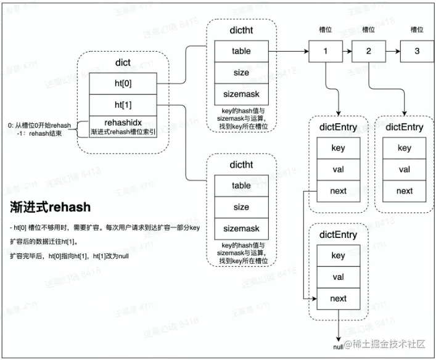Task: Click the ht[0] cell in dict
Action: [x=122, y=83]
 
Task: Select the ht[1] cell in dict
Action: [x=122, y=105]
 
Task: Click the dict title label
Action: [x=122, y=62]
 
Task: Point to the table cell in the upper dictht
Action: [x=241, y=51]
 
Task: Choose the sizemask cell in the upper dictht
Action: [x=241, y=94]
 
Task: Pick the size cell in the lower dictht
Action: [x=241, y=207]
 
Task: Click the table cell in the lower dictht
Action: [x=241, y=186]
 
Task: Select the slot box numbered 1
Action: [x=326, y=51]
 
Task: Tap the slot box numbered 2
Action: [x=369, y=51]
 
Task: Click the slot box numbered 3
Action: [x=417, y=51]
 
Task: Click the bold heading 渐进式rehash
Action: [x=51, y=207]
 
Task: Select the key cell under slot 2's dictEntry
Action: [x=405, y=148]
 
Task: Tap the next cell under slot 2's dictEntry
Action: [x=405, y=190]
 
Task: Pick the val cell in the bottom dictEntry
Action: [x=338, y=277]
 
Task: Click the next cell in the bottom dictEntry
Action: [x=338, y=298]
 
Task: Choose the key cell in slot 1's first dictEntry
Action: [x=338, y=148]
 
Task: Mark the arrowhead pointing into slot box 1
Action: [x=305, y=51]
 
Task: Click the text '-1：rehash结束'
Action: [x=43, y=133]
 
